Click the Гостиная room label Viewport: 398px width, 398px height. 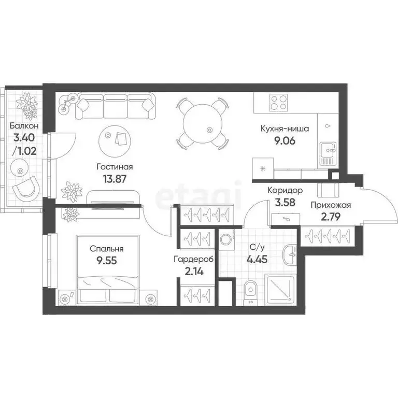tap(115, 167)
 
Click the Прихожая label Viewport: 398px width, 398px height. tap(331, 205)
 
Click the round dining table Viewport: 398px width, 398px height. tap(203, 122)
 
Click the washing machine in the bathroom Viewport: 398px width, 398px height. tap(225, 239)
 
